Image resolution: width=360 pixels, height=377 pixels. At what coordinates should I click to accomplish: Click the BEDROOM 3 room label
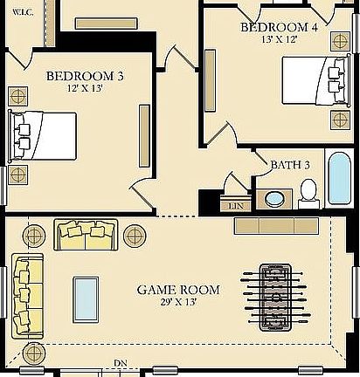85,77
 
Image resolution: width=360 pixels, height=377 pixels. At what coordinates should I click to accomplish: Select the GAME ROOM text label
178,289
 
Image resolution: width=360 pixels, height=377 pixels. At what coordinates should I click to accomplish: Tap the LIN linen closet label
234,206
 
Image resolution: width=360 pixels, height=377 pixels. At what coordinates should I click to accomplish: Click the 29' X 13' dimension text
178,302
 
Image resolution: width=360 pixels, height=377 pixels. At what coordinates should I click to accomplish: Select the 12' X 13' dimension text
85,90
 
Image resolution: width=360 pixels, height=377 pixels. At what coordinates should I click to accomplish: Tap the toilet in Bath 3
308,192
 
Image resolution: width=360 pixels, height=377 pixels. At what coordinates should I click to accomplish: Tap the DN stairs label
121,363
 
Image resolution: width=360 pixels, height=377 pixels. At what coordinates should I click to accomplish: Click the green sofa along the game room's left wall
26,296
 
